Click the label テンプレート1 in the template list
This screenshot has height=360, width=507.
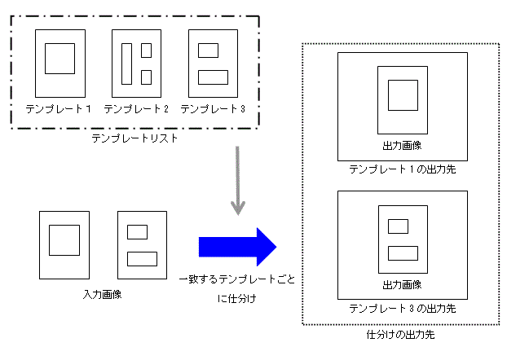click(58, 108)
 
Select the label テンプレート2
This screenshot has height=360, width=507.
click(136, 108)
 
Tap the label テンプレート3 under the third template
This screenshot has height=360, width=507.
click(213, 108)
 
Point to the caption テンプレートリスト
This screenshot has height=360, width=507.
click(135, 139)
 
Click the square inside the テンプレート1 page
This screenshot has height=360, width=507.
click(60, 59)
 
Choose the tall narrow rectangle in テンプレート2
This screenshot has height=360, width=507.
click(127, 64)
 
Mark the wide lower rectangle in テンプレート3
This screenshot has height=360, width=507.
click(213, 77)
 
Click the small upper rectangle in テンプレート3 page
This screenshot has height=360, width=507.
click(208, 50)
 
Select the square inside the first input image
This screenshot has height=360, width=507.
click(64, 241)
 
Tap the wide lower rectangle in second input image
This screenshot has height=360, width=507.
click(142, 258)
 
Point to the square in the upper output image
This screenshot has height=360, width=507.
click(402, 94)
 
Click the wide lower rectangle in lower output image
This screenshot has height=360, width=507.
click(402, 252)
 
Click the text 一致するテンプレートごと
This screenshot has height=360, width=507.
click(237, 279)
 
